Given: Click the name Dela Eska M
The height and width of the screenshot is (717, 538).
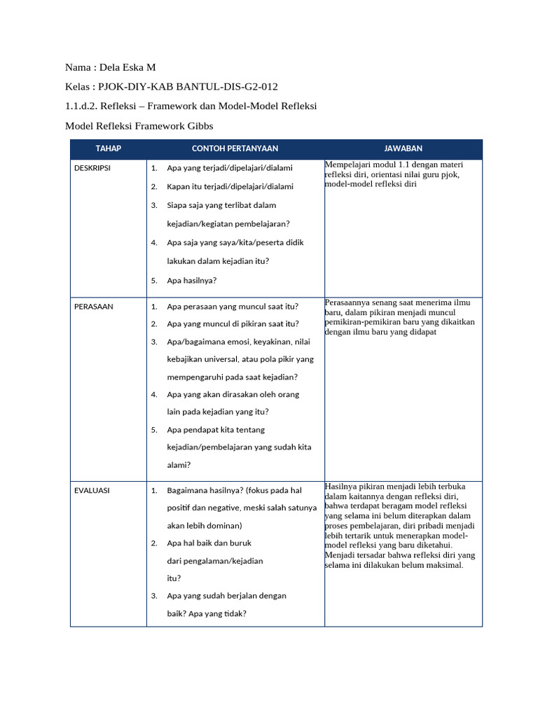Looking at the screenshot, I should pyautogui.click(x=127, y=67).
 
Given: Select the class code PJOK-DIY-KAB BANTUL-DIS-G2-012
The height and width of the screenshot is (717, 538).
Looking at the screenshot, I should pyautogui.click(x=188, y=87).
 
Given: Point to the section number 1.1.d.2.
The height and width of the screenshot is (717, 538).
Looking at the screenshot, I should pyautogui.click(x=83, y=106).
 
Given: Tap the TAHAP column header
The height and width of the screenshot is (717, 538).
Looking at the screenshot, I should pyautogui.click(x=109, y=148).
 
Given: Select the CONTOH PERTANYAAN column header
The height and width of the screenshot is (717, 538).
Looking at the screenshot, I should pyautogui.click(x=235, y=148).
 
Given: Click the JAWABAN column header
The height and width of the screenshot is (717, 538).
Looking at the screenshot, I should pyautogui.click(x=403, y=148).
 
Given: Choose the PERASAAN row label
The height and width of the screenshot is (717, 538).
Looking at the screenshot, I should pyautogui.click(x=93, y=307).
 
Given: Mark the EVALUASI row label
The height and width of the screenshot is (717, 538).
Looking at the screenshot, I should pyautogui.click(x=92, y=491).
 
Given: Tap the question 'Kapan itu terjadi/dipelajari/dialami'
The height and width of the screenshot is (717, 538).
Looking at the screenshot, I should pyautogui.click(x=230, y=187).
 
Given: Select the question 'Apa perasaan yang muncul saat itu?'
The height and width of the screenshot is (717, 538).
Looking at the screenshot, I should pyautogui.click(x=233, y=307).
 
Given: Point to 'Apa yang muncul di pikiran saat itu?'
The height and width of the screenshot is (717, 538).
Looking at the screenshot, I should pyautogui.click(x=233, y=324).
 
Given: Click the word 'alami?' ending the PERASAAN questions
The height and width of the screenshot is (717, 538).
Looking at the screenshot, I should pyautogui.click(x=179, y=464).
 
